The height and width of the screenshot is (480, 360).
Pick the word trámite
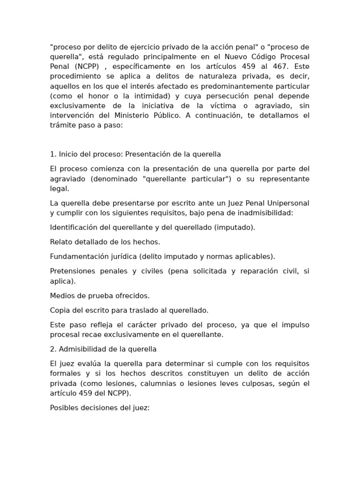click(61, 125)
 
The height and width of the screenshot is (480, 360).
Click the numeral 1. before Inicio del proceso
click(52, 154)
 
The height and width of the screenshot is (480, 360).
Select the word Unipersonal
click(286, 203)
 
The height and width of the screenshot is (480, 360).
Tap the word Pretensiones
click(72, 271)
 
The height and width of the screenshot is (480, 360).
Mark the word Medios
click(61, 296)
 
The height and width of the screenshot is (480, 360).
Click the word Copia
click(59, 310)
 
